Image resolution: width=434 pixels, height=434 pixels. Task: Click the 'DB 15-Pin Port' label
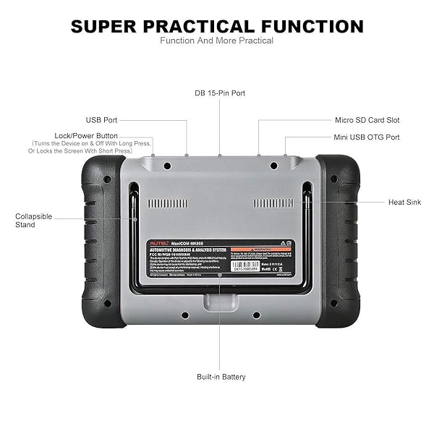click(220, 93)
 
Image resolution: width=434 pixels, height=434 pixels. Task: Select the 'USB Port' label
click(102, 120)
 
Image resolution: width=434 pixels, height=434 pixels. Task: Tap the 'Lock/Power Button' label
click(86, 135)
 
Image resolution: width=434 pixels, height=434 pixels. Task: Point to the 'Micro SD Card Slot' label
click(367, 120)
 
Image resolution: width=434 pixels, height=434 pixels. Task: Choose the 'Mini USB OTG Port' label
click(367, 137)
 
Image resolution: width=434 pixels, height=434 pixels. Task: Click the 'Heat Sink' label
click(404, 203)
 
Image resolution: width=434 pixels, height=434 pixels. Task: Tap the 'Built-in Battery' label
click(221, 377)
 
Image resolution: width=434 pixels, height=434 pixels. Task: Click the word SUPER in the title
click(109, 27)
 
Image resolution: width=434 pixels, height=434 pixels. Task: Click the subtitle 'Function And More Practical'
click(217, 41)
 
